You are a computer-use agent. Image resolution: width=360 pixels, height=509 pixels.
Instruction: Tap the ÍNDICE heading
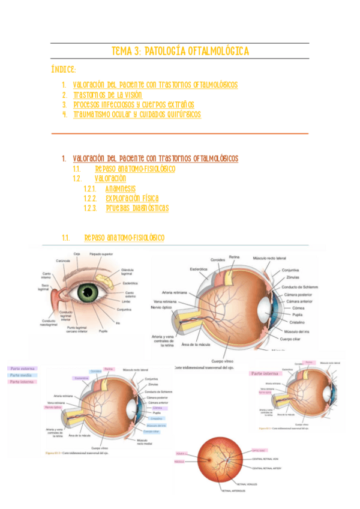coord(63,71)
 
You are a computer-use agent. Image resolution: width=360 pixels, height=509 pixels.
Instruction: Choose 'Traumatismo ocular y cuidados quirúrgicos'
coord(137,114)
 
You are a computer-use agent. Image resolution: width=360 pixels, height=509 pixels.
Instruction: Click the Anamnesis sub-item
coord(121,188)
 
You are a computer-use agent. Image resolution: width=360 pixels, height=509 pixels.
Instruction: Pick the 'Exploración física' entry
coord(132,198)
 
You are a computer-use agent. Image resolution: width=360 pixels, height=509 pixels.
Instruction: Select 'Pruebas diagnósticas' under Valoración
coord(137,208)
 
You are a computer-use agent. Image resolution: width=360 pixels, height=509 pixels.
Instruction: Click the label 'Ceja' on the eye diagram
coord(77,254)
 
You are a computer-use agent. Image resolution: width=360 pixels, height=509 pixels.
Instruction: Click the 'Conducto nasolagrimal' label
coord(51,323)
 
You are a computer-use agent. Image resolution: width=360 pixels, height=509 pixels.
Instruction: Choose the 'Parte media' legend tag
coord(23,375)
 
